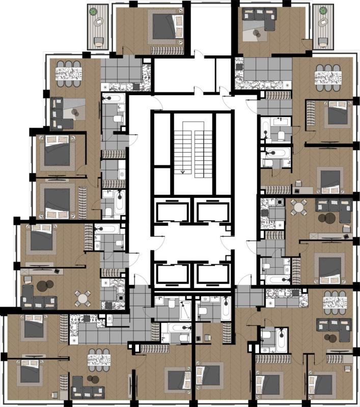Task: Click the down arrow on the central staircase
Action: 182,171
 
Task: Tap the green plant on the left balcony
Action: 93,11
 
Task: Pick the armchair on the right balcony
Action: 323,41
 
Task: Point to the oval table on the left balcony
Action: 99,22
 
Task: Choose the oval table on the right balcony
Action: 322,23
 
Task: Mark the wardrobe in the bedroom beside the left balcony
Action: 167,50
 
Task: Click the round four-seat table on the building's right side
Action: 299,208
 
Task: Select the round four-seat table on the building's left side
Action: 82,298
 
